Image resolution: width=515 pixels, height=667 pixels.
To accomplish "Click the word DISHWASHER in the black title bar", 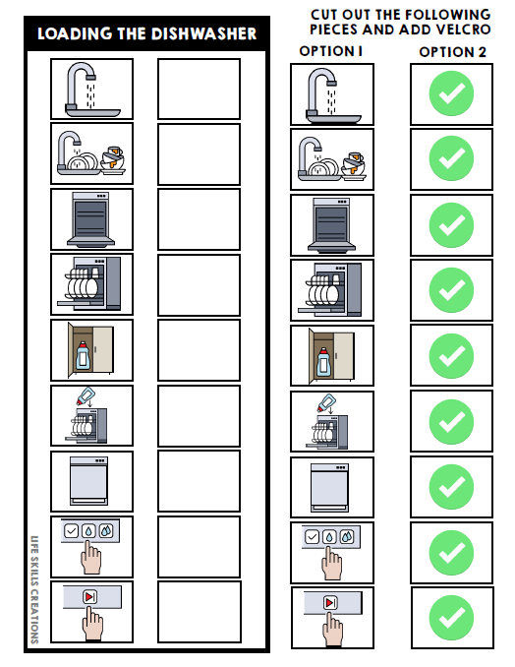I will coord(203,34).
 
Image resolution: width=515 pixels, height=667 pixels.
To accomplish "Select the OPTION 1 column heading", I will coord(331,50).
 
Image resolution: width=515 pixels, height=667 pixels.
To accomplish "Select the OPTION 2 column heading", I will coord(452,51).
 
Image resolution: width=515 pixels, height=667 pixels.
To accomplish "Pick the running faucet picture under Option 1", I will coord(331,94).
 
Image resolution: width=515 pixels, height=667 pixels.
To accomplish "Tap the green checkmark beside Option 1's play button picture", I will coord(452,618).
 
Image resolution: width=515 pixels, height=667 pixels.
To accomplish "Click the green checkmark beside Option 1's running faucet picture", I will coord(452,94).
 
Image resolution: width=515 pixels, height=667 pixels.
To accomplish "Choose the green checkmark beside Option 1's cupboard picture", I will coord(452,356).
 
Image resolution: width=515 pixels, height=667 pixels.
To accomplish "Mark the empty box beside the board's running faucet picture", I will coord(199,89).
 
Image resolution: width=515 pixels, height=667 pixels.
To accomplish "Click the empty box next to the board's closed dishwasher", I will coord(199,481).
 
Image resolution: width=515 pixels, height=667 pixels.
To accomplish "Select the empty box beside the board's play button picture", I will coord(199,612).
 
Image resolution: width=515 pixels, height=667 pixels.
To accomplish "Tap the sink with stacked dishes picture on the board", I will coord(91,154).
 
